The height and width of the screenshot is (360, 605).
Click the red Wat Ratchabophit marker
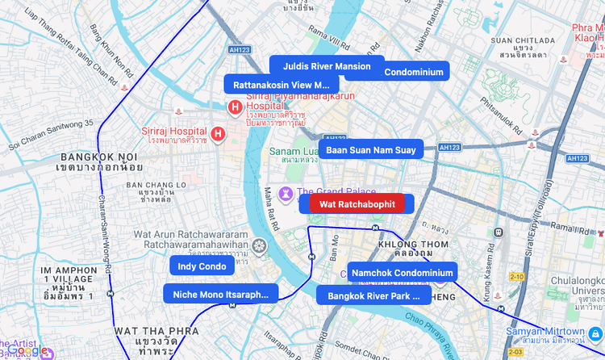357,204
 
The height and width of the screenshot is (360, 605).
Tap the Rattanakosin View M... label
282,85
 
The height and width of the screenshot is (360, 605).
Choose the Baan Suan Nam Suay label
370,149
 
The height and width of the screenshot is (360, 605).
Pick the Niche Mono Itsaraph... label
220,294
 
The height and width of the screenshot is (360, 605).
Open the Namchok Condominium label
402,273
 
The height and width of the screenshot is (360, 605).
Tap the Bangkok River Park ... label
373,295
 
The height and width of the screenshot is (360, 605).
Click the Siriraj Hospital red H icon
217,133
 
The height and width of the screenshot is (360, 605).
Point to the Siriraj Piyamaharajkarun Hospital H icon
235,107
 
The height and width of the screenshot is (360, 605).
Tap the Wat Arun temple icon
259,245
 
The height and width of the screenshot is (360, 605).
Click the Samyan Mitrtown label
545,332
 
